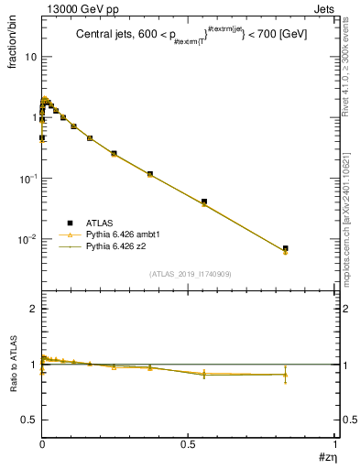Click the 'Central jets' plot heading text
(x=191, y=34)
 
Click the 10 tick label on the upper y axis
(x=30, y=57)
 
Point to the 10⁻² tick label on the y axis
(x=27, y=240)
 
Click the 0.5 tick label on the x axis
(x=189, y=444)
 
